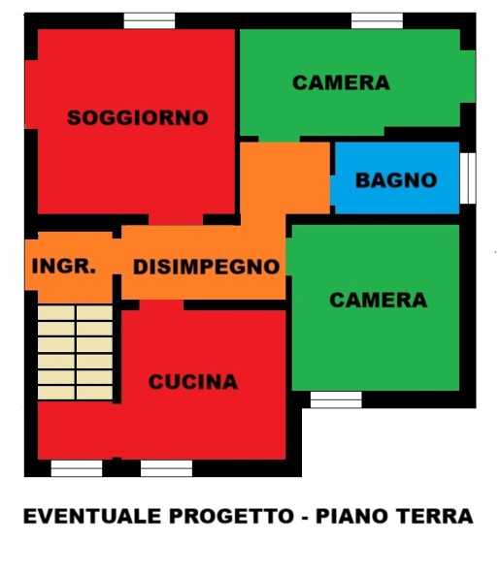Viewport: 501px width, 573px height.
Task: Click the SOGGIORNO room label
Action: click(138, 117)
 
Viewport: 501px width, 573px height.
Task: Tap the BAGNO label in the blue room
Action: click(396, 180)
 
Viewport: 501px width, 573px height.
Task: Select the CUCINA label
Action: click(193, 382)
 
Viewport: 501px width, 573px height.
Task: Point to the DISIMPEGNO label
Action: click(207, 267)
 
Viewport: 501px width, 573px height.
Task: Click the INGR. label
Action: click(64, 266)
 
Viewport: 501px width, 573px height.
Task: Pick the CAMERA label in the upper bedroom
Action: click(341, 82)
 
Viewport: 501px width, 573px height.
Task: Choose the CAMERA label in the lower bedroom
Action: click(379, 300)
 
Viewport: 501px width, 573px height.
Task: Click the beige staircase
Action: click(75, 352)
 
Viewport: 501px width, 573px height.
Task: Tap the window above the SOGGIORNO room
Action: click(150, 20)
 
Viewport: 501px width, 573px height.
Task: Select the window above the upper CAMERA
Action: click(378, 20)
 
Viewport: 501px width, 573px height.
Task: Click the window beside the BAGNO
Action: click(468, 178)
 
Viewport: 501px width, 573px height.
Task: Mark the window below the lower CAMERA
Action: click(336, 399)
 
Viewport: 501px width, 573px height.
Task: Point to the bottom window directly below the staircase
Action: click(77, 468)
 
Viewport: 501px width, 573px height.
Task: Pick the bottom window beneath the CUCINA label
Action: click(166, 468)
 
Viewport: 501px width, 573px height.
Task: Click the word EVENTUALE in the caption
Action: click(92, 516)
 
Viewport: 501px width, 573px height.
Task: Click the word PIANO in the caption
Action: click(351, 516)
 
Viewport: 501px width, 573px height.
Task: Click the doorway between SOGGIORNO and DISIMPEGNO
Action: click(176, 220)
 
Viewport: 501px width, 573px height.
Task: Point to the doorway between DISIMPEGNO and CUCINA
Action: click(161, 305)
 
